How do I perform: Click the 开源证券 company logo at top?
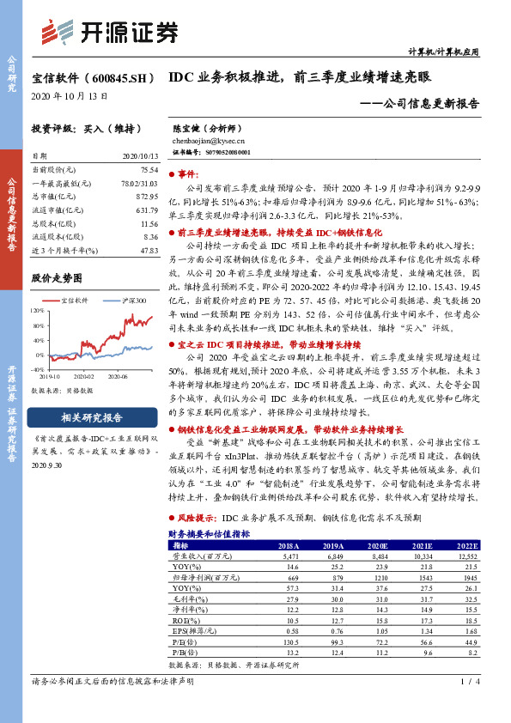click(113, 32)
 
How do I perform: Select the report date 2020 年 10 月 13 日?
click(70, 95)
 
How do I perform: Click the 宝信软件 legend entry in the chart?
click(76, 301)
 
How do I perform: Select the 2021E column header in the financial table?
click(423, 544)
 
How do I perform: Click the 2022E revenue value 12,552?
click(466, 556)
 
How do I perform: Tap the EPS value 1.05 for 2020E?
click(379, 629)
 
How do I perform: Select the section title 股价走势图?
click(56, 278)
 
